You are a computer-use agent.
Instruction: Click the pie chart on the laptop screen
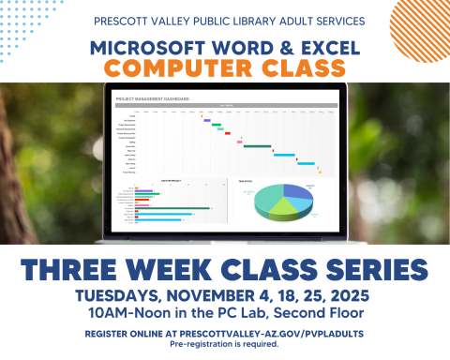[284, 198]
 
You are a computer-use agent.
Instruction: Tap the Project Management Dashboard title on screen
[153, 97]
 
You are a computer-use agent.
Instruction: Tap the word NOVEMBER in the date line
[213, 295]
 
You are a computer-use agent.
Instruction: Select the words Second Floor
[315, 312]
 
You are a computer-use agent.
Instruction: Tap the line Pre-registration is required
[225, 344]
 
